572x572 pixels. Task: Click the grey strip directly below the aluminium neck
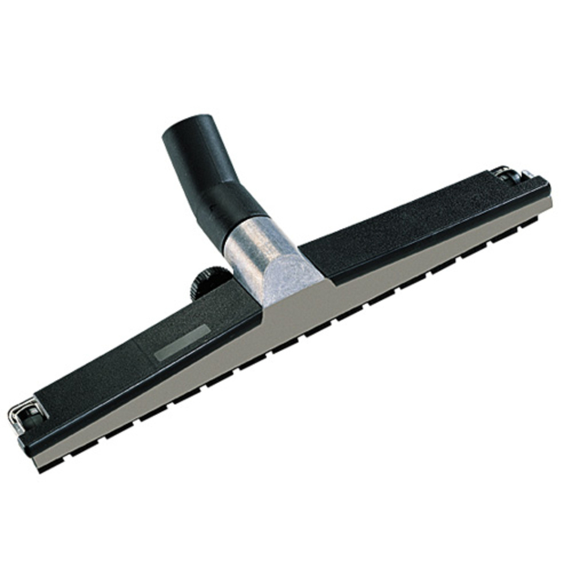point(297,309)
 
